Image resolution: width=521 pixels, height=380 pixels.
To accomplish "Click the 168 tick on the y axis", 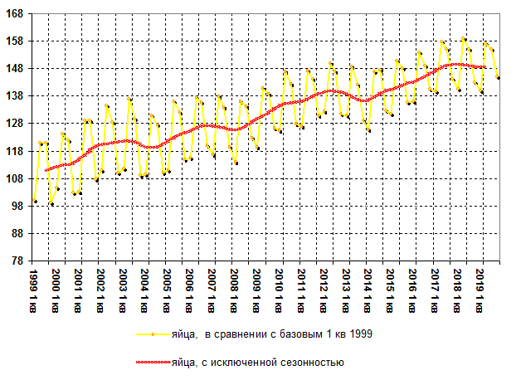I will [15, 14].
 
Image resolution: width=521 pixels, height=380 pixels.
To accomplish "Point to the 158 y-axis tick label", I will [15, 41].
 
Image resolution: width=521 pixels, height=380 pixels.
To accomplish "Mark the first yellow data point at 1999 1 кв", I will [35, 201].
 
